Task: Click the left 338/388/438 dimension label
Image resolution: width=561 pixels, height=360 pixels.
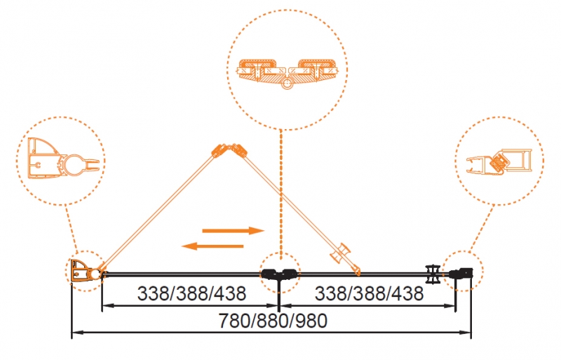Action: click(x=191, y=293)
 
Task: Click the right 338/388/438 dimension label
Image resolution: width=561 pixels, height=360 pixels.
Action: click(x=370, y=293)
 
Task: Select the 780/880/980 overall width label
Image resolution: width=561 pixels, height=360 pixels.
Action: click(x=273, y=321)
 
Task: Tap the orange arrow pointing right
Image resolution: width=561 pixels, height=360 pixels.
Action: click(x=234, y=231)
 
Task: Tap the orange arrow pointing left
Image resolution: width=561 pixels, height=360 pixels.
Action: click(x=212, y=246)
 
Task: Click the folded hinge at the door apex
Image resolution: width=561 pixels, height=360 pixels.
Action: click(x=229, y=150)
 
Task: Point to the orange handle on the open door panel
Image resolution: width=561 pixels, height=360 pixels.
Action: click(x=340, y=253)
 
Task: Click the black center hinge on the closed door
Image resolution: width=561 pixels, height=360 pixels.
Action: click(x=279, y=274)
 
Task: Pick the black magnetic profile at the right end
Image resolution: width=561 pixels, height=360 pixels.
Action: click(x=461, y=273)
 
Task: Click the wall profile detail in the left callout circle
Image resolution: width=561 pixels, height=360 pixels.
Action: click(x=63, y=161)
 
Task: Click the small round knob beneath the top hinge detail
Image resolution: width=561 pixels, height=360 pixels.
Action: click(x=286, y=84)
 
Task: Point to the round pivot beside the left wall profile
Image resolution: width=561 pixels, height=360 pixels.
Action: click(x=95, y=274)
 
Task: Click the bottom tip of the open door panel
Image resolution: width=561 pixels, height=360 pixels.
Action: click(x=358, y=274)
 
